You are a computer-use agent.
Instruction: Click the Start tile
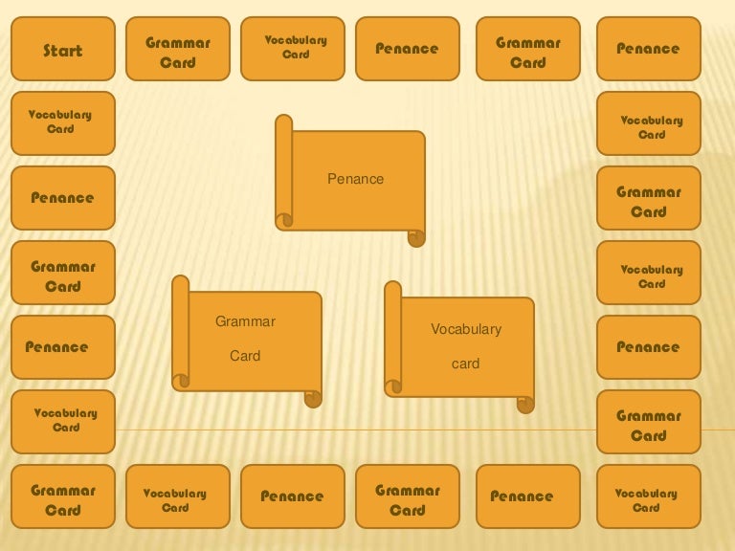(x=63, y=49)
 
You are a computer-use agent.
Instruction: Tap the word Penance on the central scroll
(x=355, y=179)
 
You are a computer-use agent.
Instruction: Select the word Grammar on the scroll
(x=245, y=321)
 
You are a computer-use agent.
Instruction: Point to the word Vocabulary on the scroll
(x=466, y=329)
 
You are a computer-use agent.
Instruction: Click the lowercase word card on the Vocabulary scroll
(x=465, y=364)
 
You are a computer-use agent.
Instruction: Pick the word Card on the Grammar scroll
(x=245, y=356)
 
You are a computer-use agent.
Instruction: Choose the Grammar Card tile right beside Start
(x=178, y=49)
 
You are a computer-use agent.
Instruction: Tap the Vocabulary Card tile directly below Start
(x=63, y=123)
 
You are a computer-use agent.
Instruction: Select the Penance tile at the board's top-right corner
(x=649, y=49)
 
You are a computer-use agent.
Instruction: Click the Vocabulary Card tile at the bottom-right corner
(x=649, y=496)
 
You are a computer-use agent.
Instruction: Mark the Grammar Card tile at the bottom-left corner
(x=63, y=496)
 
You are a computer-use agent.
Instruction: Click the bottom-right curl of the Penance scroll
(x=416, y=238)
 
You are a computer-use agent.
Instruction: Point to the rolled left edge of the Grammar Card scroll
(x=181, y=333)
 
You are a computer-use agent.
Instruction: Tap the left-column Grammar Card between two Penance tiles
(x=63, y=273)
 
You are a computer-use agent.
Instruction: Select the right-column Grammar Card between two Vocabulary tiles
(x=649, y=198)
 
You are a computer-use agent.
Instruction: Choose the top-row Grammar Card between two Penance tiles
(x=528, y=49)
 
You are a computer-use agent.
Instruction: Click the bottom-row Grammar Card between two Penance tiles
(x=408, y=496)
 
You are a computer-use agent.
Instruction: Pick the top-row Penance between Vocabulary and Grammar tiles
(x=408, y=49)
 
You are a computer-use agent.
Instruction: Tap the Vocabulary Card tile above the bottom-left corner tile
(x=63, y=422)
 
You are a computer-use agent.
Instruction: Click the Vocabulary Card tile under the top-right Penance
(x=649, y=123)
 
